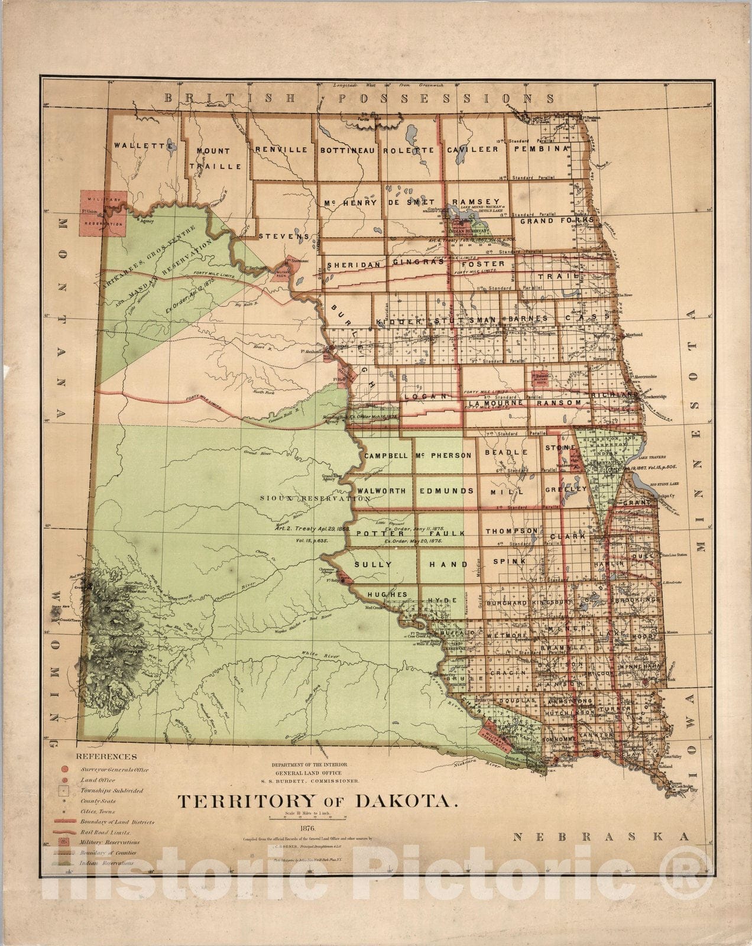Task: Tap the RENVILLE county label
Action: [281, 150]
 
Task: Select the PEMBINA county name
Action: [541, 150]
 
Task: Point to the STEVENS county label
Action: [284, 236]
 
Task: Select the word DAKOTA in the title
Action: [406, 802]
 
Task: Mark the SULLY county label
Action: [373, 565]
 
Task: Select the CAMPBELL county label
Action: [386, 456]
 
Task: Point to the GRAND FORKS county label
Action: [555, 221]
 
